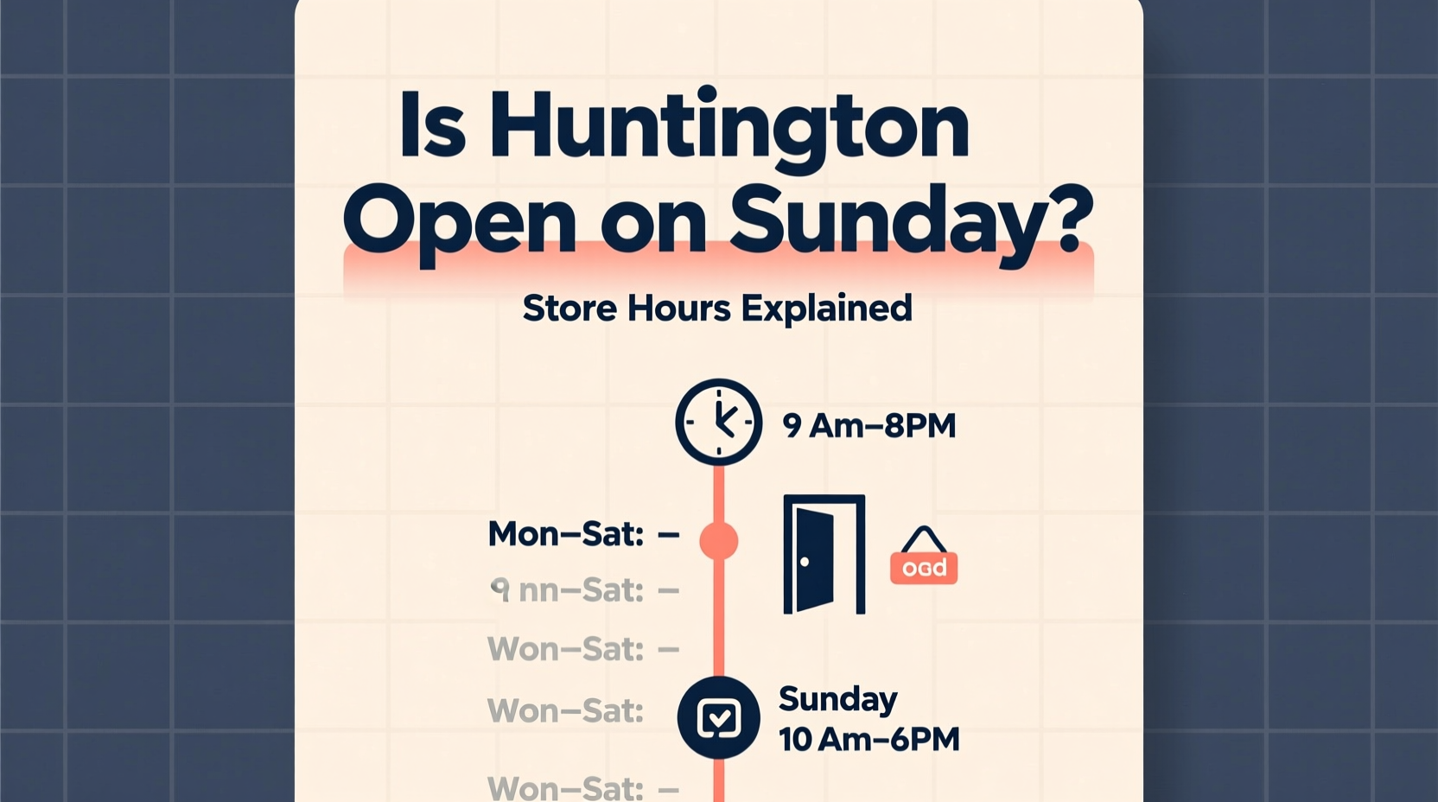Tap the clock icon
[x=718, y=422]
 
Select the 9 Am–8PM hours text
[x=869, y=426]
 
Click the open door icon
[x=823, y=554]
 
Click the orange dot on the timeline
[x=718, y=541]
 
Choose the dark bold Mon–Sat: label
[x=566, y=535]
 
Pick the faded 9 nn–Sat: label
[x=567, y=590]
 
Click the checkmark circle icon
[x=718, y=717]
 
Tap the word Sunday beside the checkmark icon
[x=837, y=699]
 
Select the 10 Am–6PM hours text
[x=869, y=740]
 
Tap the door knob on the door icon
[x=805, y=562]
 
